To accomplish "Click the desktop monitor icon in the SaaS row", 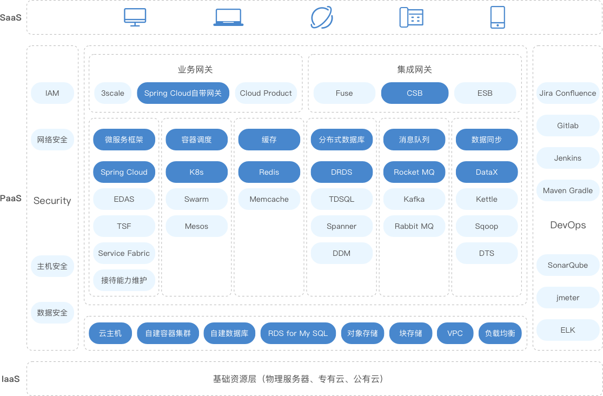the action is (x=135, y=17).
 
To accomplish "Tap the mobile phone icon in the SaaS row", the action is (x=498, y=17).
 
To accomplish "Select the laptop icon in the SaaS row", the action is (x=228, y=17).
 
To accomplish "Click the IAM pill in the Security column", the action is (x=52, y=93).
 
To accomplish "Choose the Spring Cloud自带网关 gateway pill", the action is (x=183, y=93).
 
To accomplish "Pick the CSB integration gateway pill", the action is (x=415, y=93).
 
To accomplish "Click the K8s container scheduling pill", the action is (x=196, y=172).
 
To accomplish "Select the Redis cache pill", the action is (x=269, y=172).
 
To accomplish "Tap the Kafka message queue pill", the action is (x=414, y=199).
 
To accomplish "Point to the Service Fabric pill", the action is (x=124, y=253).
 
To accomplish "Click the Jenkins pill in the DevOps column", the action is (x=568, y=158).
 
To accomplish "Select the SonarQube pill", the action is (x=568, y=265).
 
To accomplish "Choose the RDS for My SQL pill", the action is (x=298, y=333).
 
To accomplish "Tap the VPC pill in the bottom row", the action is (x=455, y=333).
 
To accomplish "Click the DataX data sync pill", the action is (x=487, y=172).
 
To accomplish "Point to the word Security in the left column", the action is (x=52, y=201).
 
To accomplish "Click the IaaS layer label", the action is (x=10, y=379).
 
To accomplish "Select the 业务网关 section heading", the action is (x=195, y=70).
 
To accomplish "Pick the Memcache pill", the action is (x=269, y=199).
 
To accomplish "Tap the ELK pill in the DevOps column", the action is (x=568, y=330).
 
